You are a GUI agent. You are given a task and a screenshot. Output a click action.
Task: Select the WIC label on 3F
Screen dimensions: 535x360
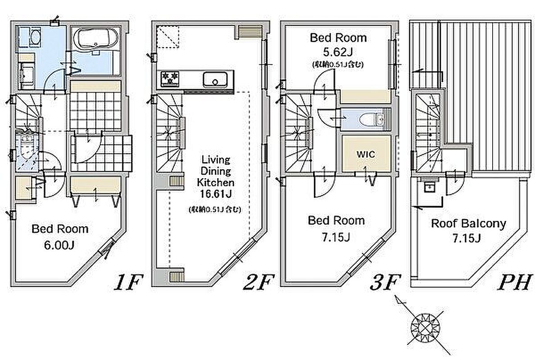(366, 154)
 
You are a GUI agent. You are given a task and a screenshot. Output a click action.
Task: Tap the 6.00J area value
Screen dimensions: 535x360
(59, 245)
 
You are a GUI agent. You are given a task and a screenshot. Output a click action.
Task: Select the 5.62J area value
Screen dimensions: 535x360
(337, 52)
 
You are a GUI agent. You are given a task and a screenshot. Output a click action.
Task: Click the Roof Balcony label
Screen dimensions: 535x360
(468, 224)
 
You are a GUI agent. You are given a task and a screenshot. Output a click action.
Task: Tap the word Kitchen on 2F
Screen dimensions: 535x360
(215, 182)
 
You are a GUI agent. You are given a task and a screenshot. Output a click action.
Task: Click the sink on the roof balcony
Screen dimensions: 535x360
(429, 186)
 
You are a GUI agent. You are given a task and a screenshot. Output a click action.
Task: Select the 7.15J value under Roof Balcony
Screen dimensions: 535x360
(467, 238)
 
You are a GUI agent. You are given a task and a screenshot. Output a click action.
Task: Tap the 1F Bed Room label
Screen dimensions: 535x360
(60, 229)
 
